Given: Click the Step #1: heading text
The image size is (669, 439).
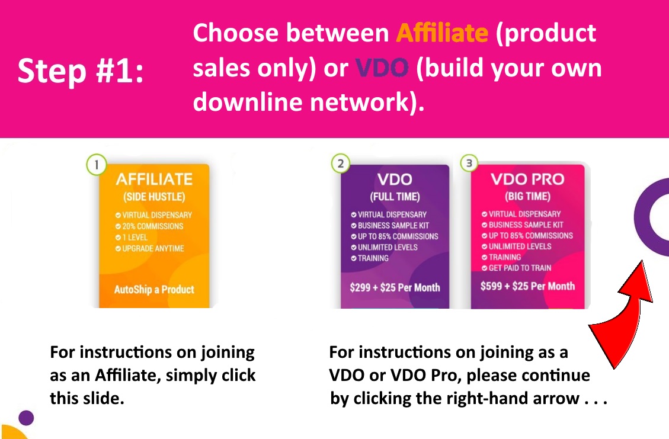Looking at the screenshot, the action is point(81,71).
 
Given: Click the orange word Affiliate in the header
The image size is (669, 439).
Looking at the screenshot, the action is point(442,33).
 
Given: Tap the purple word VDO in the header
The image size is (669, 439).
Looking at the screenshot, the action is point(382,68).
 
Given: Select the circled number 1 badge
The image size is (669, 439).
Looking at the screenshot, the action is point(97,164).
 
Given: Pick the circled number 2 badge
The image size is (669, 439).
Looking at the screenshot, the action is point(341,164).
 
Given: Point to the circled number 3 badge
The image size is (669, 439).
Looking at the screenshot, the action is point(469,163).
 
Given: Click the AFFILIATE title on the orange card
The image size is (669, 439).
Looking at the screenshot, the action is point(154,179).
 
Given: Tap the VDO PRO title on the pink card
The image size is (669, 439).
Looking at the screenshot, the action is point(527,179).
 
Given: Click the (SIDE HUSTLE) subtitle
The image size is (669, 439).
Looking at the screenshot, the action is point(154,197).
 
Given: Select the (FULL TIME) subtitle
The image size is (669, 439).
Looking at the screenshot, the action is point(395,197).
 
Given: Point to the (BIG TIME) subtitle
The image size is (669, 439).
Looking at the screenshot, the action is point(527,196).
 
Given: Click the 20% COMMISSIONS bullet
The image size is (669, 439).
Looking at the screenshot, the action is point(149,226).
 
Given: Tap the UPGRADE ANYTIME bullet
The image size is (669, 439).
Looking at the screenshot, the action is point(149,248).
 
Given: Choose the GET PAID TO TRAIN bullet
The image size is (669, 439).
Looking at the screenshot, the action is point(516,268).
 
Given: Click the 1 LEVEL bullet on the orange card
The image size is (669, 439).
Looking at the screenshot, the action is point(132,237).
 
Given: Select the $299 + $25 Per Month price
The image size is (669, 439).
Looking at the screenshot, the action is point(395,287).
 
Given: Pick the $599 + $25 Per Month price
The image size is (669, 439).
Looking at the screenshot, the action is point(527,286).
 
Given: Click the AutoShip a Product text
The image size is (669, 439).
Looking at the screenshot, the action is point(154,290).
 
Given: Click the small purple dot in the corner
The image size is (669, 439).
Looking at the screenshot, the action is point(26,418).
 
